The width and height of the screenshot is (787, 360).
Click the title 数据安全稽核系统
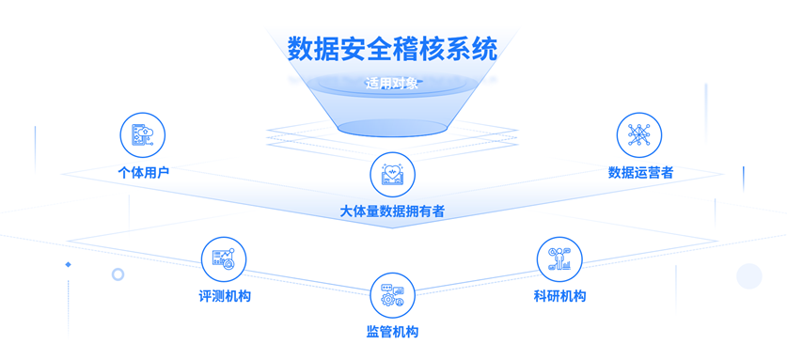click(x=392, y=48)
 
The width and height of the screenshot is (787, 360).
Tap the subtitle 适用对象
click(x=392, y=83)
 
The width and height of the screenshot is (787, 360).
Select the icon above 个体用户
click(x=143, y=135)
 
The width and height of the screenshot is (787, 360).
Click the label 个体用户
click(x=143, y=173)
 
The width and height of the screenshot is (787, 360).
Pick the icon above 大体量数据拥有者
click(x=392, y=174)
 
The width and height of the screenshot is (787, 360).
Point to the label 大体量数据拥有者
click(x=392, y=211)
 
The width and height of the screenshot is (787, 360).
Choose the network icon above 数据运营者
click(x=639, y=135)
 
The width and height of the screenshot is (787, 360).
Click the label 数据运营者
click(x=640, y=173)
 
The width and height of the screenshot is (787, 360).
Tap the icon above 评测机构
click(x=224, y=258)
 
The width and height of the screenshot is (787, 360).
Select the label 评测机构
click(x=225, y=296)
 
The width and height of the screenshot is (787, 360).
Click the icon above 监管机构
click(x=392, y=295)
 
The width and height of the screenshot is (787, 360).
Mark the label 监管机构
click(x=392, y=332)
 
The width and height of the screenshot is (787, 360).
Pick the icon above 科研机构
click(x=559, y=258)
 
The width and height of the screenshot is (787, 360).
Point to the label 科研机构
click(x=559, y=296)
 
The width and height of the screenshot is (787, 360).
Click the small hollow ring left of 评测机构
click(x=118, y=274)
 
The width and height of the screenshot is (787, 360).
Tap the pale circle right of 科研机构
click(x=748, y=275)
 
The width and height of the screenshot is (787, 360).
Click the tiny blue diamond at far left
click(x=68, y=265)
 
